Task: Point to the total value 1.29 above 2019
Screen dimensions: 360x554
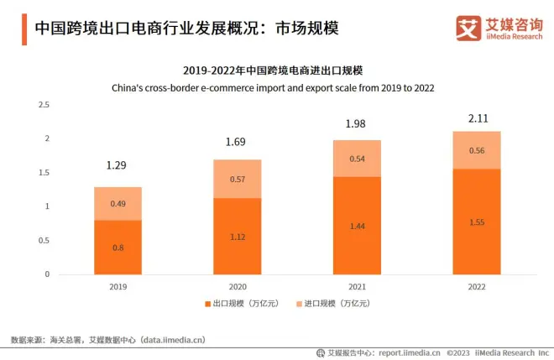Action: tap(118, 166)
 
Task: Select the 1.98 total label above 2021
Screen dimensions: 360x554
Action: tap(357, 124)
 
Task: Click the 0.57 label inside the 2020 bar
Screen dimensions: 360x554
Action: tap(238, 179)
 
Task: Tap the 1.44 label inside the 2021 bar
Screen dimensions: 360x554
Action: tap(357, 226)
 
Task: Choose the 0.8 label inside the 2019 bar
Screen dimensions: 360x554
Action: tap(118, 247)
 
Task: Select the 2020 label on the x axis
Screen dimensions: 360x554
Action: tap(238, 286)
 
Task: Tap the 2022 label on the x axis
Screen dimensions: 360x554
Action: tap(477, 286)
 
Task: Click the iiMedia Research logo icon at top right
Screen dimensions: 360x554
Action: tap(468, 28)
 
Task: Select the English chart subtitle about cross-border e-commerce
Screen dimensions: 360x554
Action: tap(278, 86)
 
